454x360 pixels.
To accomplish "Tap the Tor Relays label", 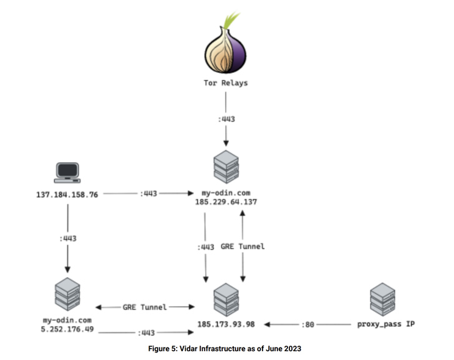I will [x=225, y=82].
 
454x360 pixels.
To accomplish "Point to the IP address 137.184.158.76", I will [x=67, y=194].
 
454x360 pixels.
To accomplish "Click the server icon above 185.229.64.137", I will [x=226, y=165].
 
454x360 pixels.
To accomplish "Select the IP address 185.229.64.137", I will [x=226, y=202].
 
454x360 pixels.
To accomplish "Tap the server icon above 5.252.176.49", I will [x=67, y=294].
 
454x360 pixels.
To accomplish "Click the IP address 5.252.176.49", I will [x=67, y=329].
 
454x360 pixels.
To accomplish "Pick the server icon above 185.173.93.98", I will [x=226, y=299].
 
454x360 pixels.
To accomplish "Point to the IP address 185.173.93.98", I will [x=226, y=325].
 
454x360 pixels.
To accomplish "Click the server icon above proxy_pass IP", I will [x=382, y=299].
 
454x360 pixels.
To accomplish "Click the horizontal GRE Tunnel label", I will [x=145, y=307].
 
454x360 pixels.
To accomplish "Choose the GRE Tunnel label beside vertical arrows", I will [x=243, y=246].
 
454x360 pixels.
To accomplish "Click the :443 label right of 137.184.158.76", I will [x=148, y=194].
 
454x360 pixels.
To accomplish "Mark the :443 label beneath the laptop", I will [x=67, y=238].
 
